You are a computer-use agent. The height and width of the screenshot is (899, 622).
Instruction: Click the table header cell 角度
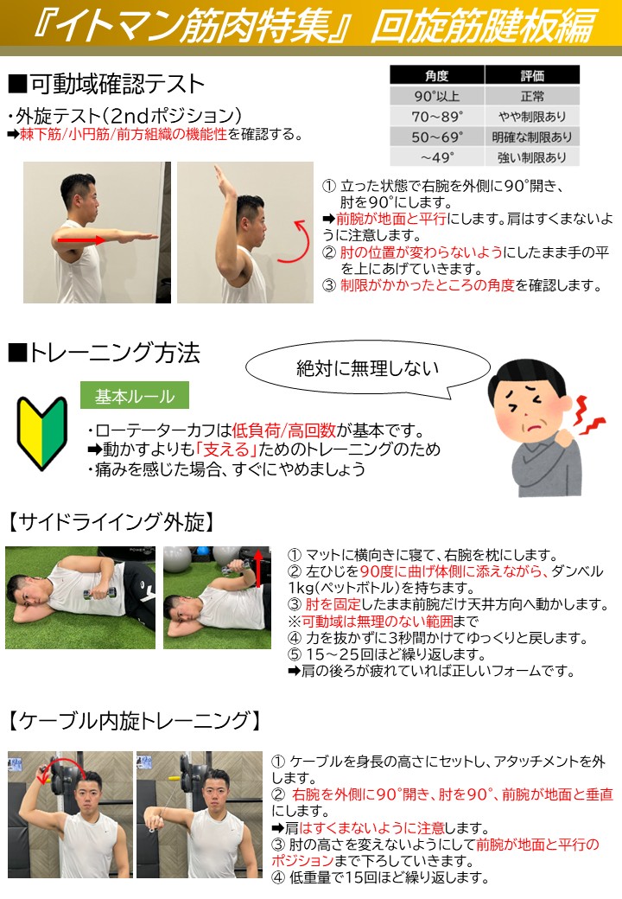437,75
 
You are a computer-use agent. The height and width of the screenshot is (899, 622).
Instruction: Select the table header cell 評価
532,75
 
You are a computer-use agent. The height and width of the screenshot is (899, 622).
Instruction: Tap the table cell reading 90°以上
437,96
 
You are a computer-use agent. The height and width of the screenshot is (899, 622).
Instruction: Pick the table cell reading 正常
532,96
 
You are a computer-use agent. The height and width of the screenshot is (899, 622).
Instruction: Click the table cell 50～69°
437,137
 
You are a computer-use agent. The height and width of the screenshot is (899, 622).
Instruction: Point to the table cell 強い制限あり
532,156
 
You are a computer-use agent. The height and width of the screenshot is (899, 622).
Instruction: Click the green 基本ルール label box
135,396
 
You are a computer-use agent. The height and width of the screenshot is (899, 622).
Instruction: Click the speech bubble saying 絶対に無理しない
368,368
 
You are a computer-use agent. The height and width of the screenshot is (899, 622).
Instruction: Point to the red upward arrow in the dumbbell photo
258,568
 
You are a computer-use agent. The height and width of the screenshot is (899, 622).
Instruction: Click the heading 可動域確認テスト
106,85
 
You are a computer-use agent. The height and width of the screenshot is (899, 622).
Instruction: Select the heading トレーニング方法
105,353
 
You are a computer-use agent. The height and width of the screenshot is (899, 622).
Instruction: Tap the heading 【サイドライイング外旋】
111,522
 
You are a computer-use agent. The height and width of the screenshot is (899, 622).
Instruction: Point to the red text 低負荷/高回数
283,430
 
